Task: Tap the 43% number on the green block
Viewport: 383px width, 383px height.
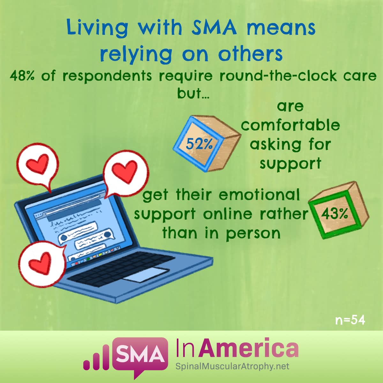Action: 334,214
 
